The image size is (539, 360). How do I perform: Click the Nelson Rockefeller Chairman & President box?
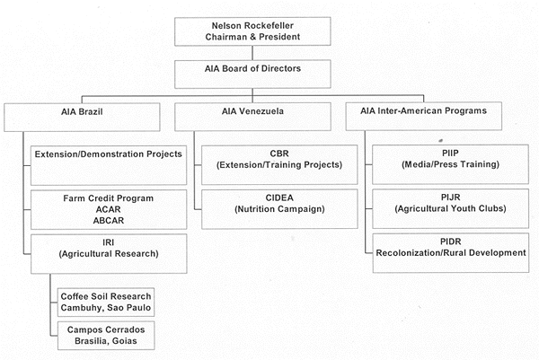click(x=252, y=31)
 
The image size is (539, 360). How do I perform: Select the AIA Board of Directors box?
click(x=252, y=75)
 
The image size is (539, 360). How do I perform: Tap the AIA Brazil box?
click(x=82, y=117)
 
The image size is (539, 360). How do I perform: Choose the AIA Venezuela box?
click(x=252, y=117)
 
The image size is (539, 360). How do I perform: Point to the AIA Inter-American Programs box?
click(x=423, y=116)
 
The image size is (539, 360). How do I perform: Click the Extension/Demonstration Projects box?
click(x=109, y=165)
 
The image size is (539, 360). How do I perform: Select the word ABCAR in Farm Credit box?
click(x=109, y=221)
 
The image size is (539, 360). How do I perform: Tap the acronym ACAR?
click(x=109, y=209)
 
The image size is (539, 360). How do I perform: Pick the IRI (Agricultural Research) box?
click(x=109, y=254)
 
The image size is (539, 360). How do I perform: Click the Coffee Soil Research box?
click(x=106, y=303)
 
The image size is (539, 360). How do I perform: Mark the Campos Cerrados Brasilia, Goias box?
click(x=106, y=336)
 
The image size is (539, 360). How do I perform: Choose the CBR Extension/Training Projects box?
click(x=279, y=165)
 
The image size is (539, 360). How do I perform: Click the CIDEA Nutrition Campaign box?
click(x=279, y=209)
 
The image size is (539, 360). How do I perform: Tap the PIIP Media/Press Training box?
click(x=450, y=164)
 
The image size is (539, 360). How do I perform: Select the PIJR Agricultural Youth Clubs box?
click(x=450, y=208)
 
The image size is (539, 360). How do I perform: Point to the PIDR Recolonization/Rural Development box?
click(x=451, y=253)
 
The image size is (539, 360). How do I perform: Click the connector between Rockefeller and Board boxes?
click(x=252, y=53)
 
